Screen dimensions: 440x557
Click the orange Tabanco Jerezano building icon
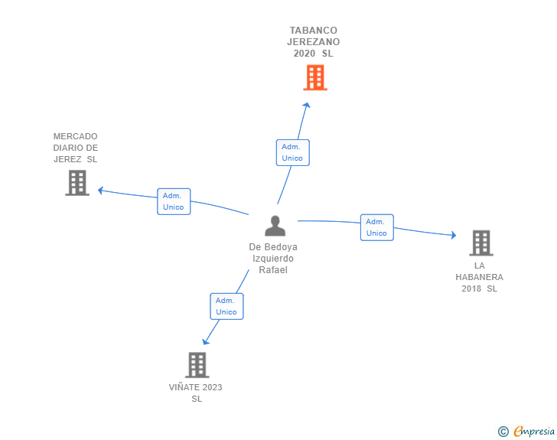(314, 78)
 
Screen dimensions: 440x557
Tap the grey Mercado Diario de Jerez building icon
(77, 183)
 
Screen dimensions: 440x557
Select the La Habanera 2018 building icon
(480, 243)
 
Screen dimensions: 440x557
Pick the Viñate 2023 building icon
(197, 365)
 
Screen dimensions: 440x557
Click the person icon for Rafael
(275, 226)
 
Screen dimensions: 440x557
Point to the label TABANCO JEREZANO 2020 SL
(314, 42)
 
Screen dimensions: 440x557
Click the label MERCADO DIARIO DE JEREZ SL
(75, 148)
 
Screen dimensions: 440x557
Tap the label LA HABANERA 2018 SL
(479, 277)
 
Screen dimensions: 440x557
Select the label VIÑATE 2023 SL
(196, 393)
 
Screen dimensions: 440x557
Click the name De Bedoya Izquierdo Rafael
(273, 259)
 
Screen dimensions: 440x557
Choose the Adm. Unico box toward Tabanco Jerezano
(292, 152)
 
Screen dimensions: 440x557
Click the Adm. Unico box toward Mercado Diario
(174, 201)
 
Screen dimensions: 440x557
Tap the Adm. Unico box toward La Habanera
(376, 227)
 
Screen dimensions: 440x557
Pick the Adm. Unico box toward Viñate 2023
(226, 306)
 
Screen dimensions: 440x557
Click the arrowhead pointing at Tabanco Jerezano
(307, 106)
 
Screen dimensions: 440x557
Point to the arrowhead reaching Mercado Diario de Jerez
(100, 191)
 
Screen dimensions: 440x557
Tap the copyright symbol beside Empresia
(503, 432)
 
